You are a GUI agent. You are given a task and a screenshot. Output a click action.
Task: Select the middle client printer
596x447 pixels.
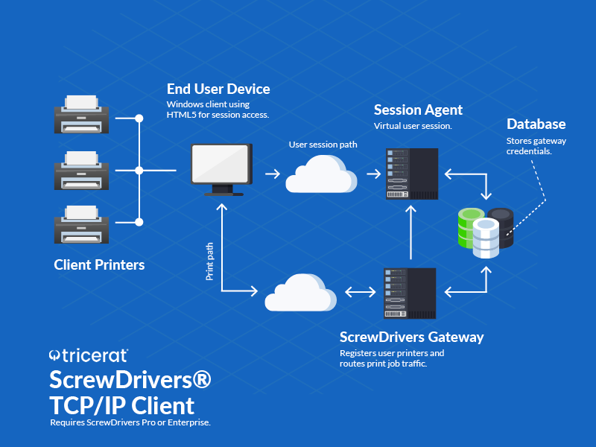[82, 171]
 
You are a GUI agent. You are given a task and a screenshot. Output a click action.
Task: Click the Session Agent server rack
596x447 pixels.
[410, 174]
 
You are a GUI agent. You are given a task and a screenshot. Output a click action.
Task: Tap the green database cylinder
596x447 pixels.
[471, 226]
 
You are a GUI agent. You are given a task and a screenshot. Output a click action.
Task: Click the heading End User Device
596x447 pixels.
[218, 89]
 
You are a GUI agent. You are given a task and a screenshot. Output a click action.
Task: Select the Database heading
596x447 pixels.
[536, 124]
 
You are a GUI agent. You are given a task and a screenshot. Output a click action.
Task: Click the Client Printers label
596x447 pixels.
[99, 264]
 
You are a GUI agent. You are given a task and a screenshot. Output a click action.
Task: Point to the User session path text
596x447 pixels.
[323, 144]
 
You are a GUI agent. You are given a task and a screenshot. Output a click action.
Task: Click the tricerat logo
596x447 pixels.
[89, 355]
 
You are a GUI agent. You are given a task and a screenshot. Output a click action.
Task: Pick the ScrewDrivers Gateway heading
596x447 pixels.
[411, 337]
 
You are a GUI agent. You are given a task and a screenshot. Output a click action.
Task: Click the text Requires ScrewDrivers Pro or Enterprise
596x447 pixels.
[130, 422]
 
